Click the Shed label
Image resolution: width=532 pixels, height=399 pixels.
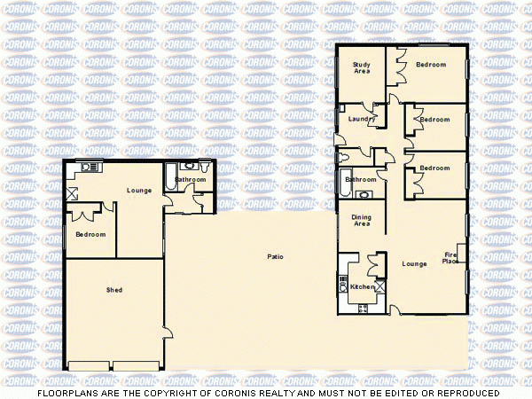click(x=114, y=290)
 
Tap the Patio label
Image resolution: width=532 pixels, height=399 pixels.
click(x=276, y=257)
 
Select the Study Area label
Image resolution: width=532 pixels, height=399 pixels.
click(x=361, y=67)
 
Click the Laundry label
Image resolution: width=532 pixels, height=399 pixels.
click(x=361, y=118)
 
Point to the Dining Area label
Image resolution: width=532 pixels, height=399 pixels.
click(x=361, y=221)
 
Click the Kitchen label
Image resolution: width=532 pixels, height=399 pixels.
click(x=362, y=287)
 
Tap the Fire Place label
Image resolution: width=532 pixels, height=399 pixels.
click(x=450, y=258)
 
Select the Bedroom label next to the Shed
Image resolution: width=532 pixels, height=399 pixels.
click(x=90, y=234)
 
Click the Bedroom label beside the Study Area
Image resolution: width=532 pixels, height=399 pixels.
click(x=431, y=65)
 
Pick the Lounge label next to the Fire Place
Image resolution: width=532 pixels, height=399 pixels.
click(x=415, y=263)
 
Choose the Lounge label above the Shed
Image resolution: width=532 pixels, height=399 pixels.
click(x=139, y=190)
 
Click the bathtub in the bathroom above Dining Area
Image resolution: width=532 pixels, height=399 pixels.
click(x=346, y=179)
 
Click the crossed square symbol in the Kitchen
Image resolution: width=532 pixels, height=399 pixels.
click(x=380, y=286)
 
